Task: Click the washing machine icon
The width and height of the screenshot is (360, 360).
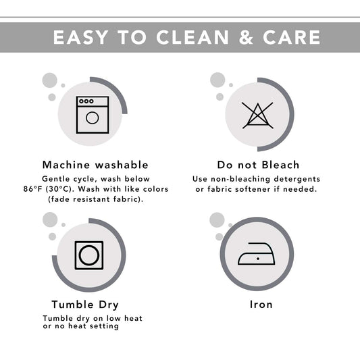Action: coord(93,115)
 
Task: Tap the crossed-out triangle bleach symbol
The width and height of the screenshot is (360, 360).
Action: coord(257,115)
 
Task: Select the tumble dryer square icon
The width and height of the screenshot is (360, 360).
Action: coord(89,255)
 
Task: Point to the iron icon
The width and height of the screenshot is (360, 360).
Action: coord(257,254)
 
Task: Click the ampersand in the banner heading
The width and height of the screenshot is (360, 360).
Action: coord(246,37)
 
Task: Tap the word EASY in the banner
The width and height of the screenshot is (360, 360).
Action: coord(80,37)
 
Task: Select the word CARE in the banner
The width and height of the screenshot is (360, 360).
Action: coord(292,37)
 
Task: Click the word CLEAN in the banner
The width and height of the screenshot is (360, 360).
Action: coord(192,37)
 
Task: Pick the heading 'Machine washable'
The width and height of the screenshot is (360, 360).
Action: coord(95,165)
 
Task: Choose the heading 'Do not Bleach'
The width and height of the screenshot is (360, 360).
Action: coord(258,165)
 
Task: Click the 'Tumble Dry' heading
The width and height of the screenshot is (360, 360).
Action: coord(85,305)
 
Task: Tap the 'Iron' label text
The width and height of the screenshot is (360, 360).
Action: coord(261,305)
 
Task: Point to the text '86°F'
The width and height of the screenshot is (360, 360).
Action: coord(33,189)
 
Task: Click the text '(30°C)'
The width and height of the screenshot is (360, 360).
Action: coord(59,189)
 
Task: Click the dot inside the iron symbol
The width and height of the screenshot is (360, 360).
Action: coord(258,259)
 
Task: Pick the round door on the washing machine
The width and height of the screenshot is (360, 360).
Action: coord(93,118)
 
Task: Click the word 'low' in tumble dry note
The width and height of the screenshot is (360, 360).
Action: coord(113,318)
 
